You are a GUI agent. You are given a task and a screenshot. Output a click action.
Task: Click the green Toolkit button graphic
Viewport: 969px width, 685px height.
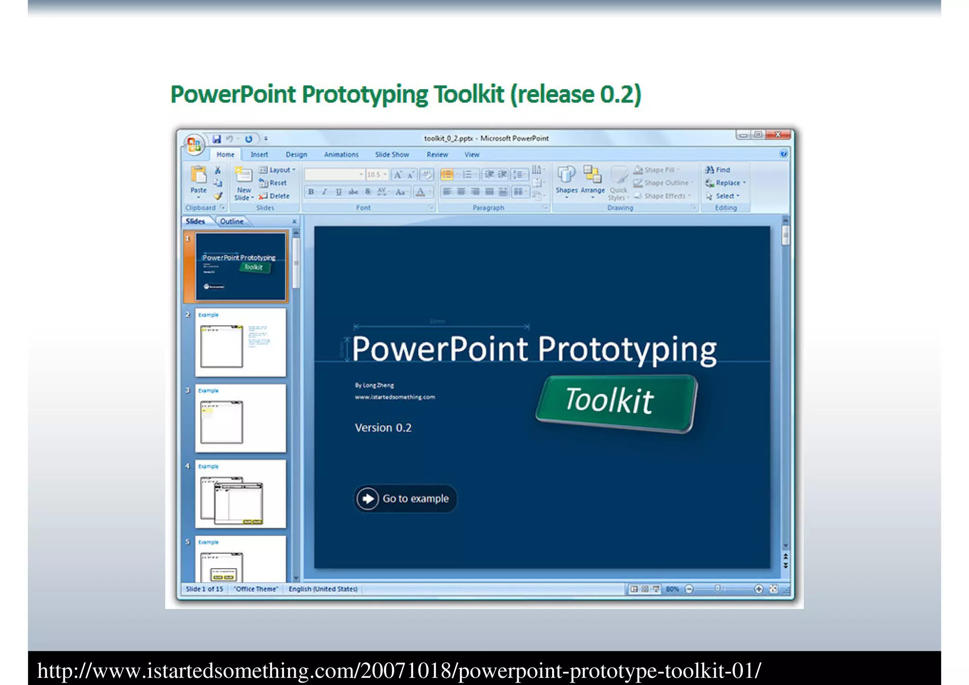tap(616, 403)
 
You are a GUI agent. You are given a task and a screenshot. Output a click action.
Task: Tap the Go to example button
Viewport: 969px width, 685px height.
tap(405, 498)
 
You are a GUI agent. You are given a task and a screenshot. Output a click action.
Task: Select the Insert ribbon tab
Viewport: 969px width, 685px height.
tap(259, 154)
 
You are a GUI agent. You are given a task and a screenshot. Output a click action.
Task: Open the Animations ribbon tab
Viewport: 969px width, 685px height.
tap(341, 154)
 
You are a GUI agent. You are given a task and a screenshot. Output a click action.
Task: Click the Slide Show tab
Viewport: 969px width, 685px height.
tap(392, 154)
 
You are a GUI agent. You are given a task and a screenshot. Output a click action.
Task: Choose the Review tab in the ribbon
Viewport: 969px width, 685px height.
tap(437, 154)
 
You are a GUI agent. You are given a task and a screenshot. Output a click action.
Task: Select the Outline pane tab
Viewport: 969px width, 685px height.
tap(231, 221)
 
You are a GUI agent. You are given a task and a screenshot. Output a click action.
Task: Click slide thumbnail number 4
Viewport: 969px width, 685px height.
tap(240, 494)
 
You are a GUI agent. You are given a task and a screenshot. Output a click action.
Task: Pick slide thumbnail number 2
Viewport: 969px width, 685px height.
tap(240, 343)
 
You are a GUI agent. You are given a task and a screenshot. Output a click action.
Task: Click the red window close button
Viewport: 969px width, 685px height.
tap(778, 135)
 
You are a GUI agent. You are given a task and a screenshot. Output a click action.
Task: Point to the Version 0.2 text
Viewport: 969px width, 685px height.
tap(383, 427)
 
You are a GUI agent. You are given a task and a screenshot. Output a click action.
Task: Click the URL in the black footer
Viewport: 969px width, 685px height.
tap(399, 671)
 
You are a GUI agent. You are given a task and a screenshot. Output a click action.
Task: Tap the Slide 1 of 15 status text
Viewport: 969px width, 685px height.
tap(204, 589)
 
